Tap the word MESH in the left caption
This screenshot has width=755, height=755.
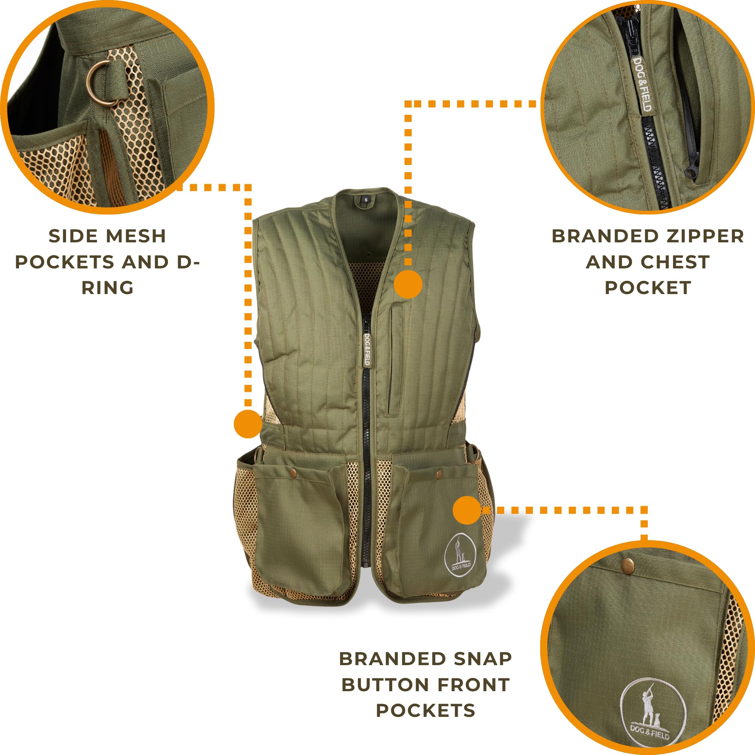(136, 236)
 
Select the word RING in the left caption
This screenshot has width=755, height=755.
(108, 288)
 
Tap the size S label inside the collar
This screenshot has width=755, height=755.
(366, 200)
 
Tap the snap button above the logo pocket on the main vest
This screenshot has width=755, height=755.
(439, 474)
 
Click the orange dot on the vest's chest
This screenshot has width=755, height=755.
(408, 284)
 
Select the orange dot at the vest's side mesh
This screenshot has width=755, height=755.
(248, 424)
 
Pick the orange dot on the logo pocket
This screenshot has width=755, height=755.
(467, 510)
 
